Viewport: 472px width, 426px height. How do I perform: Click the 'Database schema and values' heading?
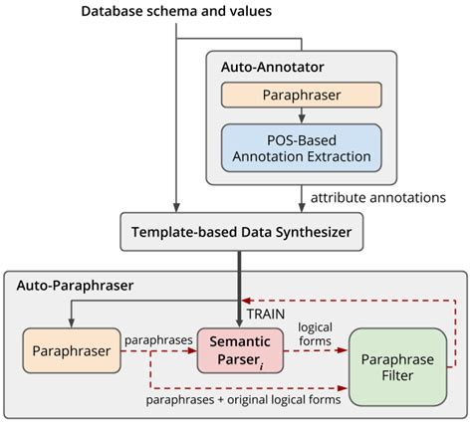(x=176, y=12)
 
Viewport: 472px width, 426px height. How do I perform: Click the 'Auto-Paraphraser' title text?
(x=76, y=286)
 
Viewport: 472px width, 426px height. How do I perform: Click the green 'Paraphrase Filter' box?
(x=397, y=364)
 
